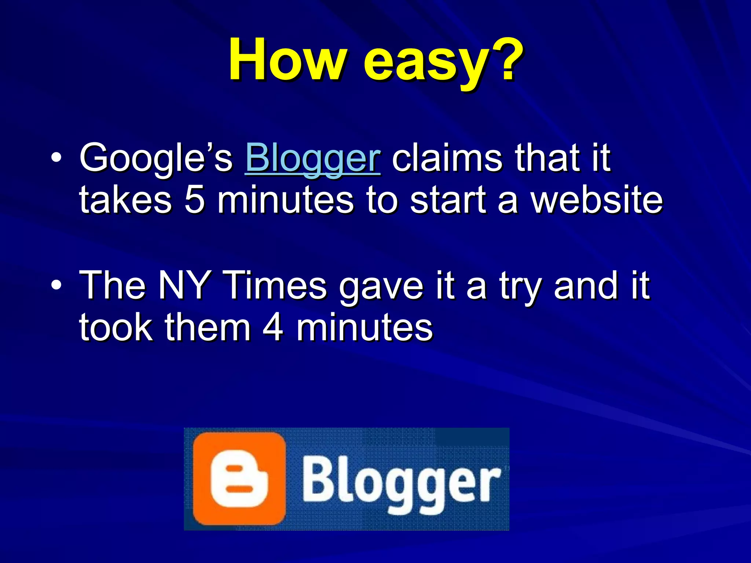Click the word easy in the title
(x=422, y=62)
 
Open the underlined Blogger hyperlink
(x=313, y=158)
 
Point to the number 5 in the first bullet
(x=194, y=200)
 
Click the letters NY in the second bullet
(x=183, y=285)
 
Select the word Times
(x=275, y=285)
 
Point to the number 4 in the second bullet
(x=273, y=327)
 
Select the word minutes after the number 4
(x=364, y=327)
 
